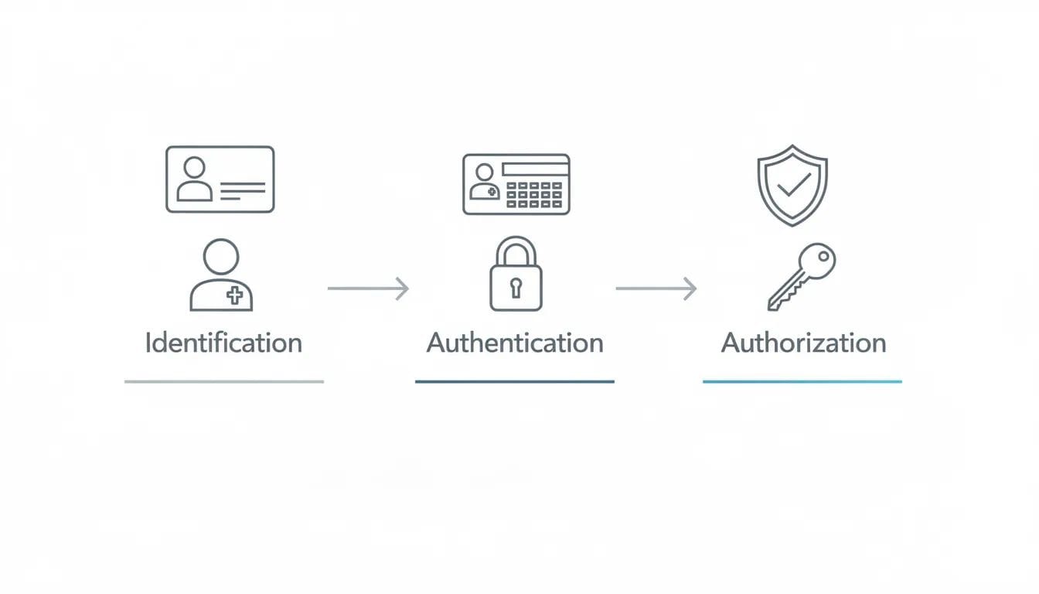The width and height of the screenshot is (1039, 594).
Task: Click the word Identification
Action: point(223,343)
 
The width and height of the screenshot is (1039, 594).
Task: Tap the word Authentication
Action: point(515,343)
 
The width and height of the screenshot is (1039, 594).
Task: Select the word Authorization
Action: point(803,343)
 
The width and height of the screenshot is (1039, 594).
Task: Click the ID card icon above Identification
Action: point(220,179)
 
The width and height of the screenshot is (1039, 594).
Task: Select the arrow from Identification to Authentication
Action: point(368,288)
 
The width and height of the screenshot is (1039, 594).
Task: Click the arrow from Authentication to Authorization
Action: point(656,288)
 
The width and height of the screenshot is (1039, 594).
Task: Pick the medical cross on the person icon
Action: point(235,295)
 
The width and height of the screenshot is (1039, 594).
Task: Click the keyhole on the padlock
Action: point(516,288)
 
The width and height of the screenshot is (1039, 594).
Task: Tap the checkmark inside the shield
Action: point(794,185)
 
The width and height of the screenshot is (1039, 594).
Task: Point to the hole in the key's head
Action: point(823,256)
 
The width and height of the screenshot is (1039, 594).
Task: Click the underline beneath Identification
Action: point(224,381)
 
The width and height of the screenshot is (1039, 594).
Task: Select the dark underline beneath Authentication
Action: point(515,381)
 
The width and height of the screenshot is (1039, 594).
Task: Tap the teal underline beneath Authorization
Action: point(802,381)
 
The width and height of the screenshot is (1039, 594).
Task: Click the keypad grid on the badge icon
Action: point(534,195)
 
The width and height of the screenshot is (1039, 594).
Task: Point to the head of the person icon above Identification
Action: point(221,257)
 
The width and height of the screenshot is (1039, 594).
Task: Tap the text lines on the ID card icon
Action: point(243,191)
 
